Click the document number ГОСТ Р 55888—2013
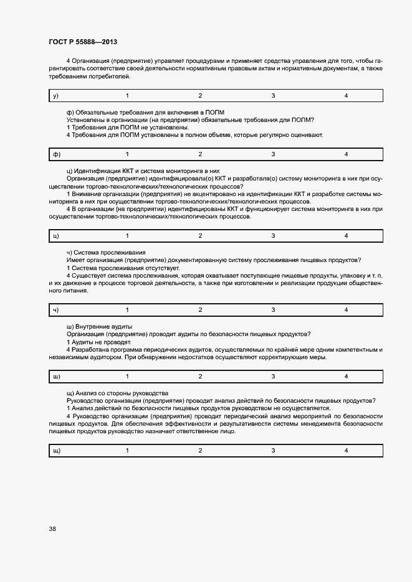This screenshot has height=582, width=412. (83, 42)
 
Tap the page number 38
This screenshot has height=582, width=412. (52, 530)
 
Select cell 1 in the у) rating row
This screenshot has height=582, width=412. (128, 96)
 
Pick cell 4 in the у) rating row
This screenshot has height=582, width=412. (346, 96)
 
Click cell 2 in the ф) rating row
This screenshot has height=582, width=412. (200, 154)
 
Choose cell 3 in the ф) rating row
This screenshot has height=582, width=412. (273, 154)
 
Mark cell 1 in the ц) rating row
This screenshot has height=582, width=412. (128, 236)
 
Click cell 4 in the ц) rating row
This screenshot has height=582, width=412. (346, 236)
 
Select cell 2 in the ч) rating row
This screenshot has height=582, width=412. (200, 310)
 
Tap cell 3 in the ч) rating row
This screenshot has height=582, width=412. (273, 310)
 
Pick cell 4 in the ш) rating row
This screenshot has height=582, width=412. (346, 377)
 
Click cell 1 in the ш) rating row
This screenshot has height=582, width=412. (128, 377)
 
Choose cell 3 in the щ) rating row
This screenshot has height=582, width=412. (273, 451)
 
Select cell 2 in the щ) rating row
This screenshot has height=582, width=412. (200, 451)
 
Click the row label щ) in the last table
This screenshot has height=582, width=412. (57, 451)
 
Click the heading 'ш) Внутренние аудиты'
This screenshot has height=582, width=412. (98, 327)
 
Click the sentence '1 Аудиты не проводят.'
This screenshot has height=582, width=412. (98, 342)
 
